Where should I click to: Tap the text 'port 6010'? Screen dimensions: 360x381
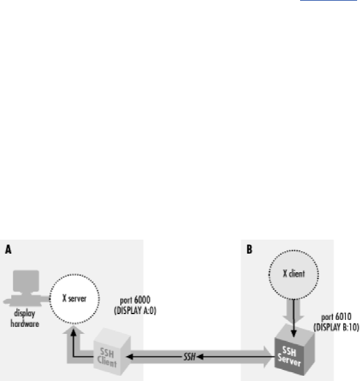(x=337, y=318)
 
